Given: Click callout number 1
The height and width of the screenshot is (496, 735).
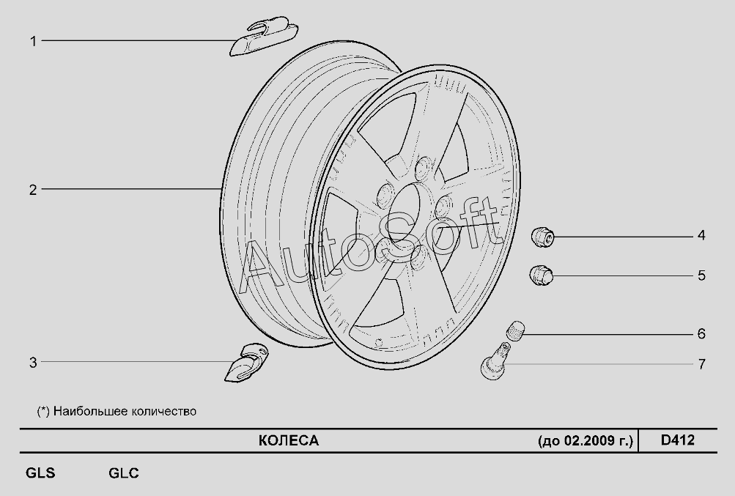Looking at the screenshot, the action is pos(33,41).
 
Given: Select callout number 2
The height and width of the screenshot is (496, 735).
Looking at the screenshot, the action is pos(33,190).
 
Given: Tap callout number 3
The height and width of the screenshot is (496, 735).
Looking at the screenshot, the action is pos(33,363).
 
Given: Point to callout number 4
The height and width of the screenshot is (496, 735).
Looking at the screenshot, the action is pos(701,235).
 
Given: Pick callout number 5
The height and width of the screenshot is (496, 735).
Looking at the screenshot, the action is pos(701,275).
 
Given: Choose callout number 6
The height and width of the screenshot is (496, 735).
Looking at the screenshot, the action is pos(701,334).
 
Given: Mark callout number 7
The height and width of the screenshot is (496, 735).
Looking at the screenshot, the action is pos(701,364).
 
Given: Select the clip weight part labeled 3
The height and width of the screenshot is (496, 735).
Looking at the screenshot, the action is pos(245,363).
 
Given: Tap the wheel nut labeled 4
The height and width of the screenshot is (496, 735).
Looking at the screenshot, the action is pos(542,236).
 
